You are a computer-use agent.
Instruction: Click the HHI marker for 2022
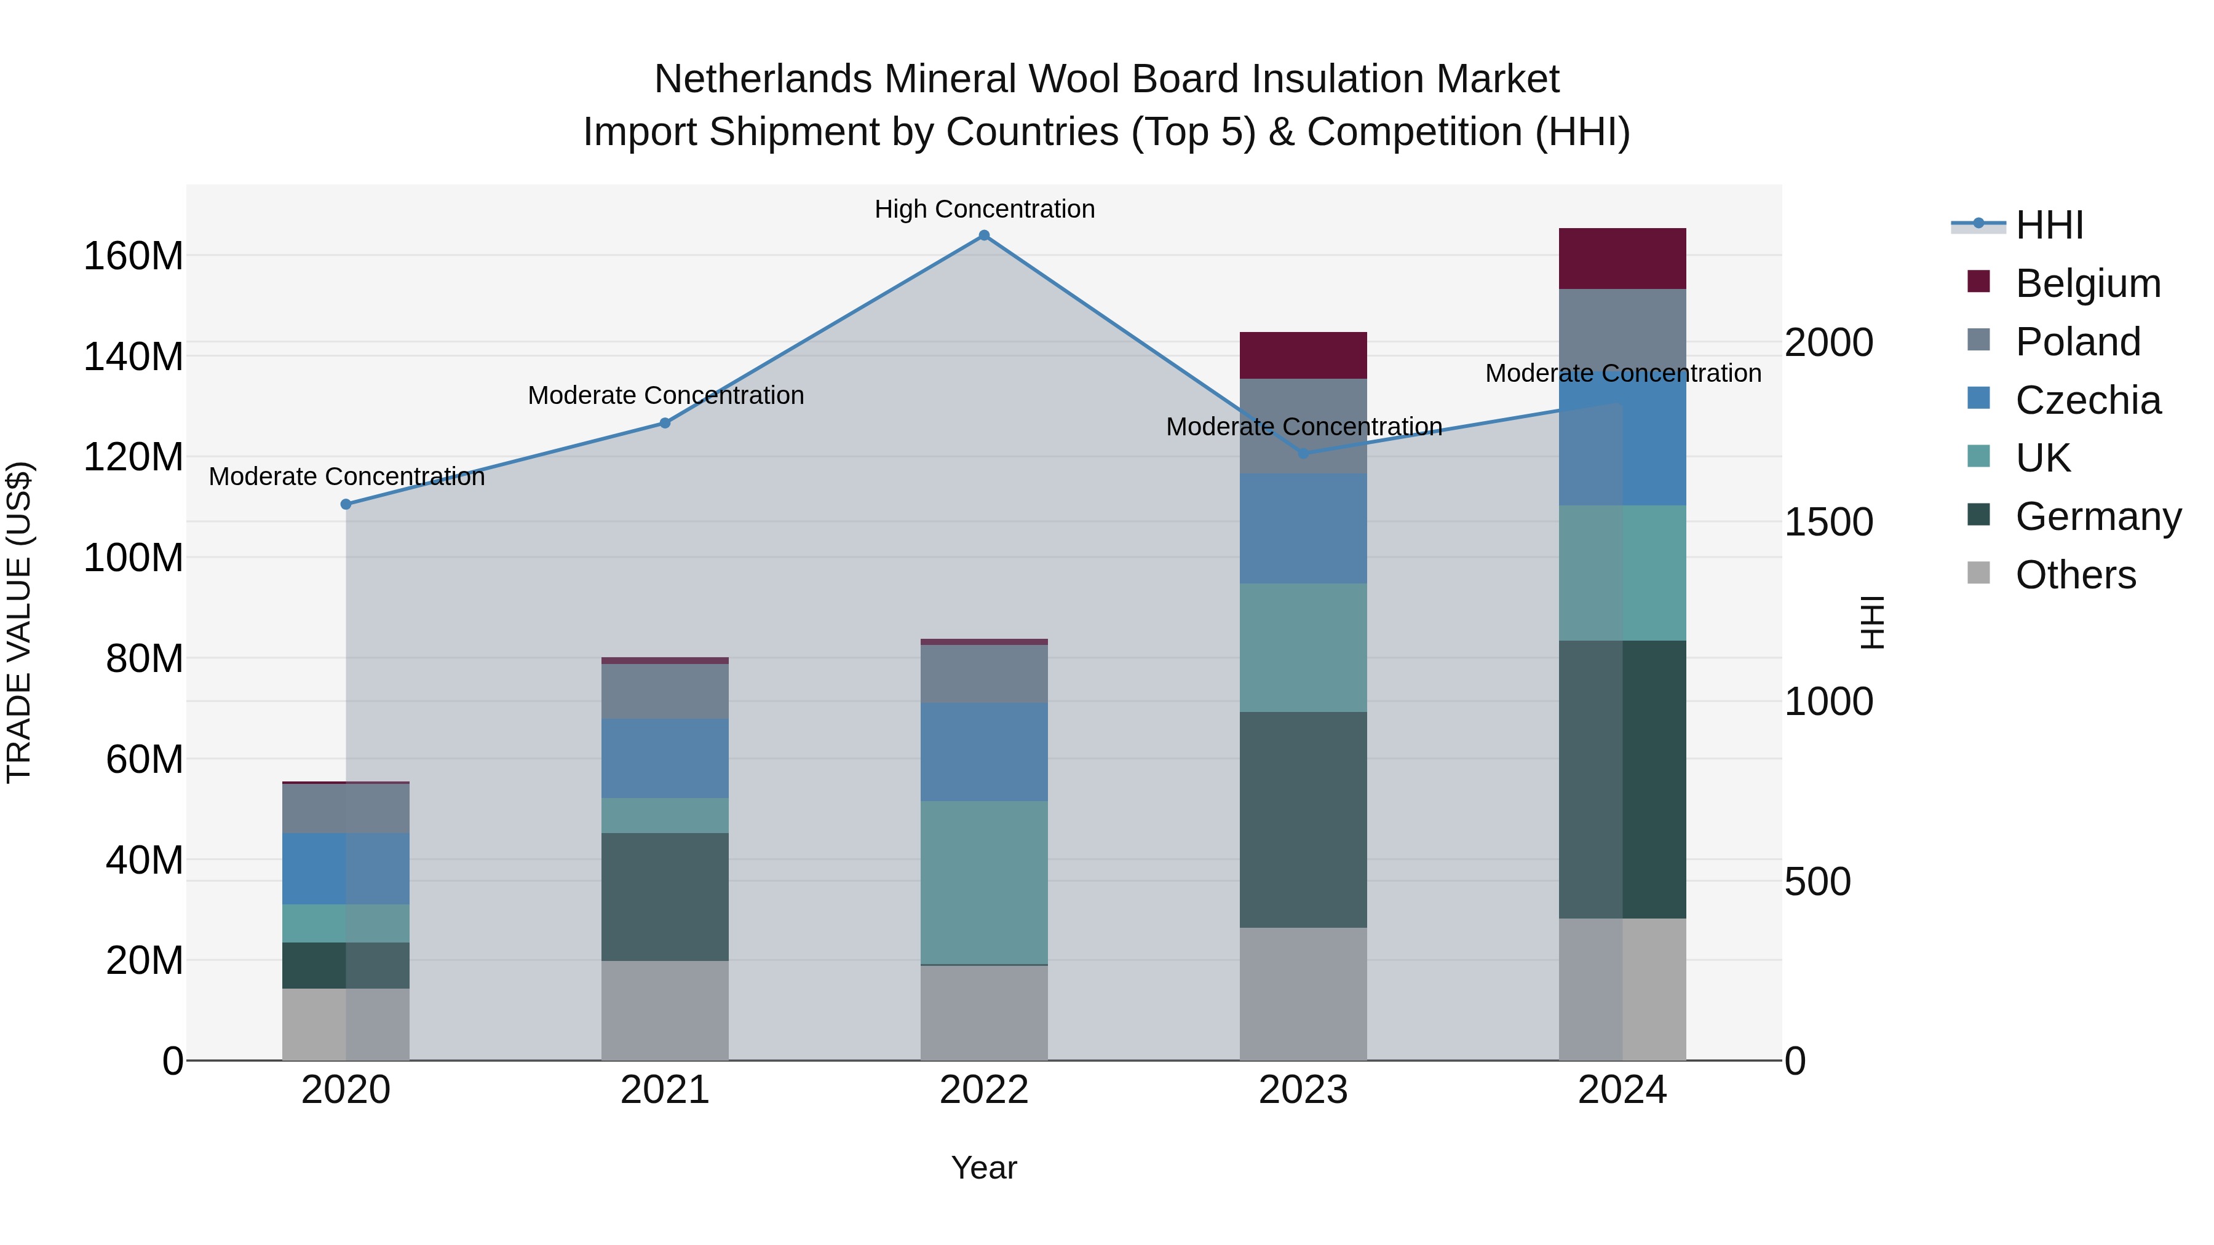984,235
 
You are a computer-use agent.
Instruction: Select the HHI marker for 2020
346,504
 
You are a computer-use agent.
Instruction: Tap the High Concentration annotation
984,209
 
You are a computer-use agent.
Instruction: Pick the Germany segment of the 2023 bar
1303,819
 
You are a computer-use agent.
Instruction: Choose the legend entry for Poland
2077,342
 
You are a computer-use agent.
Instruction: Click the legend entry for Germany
2097,516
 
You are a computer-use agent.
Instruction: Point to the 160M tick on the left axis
133,256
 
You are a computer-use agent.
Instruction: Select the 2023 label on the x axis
1303,1090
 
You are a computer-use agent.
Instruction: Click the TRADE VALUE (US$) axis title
19,622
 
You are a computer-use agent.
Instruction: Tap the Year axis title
984,1168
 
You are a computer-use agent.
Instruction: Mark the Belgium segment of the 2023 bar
1303,355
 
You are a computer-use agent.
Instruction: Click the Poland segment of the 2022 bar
984,674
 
